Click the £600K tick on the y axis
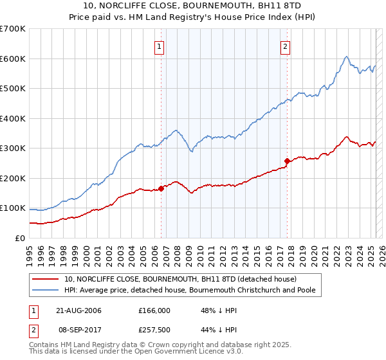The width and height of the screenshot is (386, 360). click(13, 59)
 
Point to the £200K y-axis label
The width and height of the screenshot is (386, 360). click(13, 178)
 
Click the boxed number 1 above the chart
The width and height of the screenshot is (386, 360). click(159, 46)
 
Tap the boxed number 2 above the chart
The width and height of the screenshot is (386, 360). click(284, 46)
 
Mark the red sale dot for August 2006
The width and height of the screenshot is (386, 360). click(161, 188)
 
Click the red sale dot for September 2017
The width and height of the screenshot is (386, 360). click(287, 161)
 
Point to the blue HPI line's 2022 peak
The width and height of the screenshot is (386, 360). click(346, 57)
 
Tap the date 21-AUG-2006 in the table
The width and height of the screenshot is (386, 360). click(78, 310)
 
